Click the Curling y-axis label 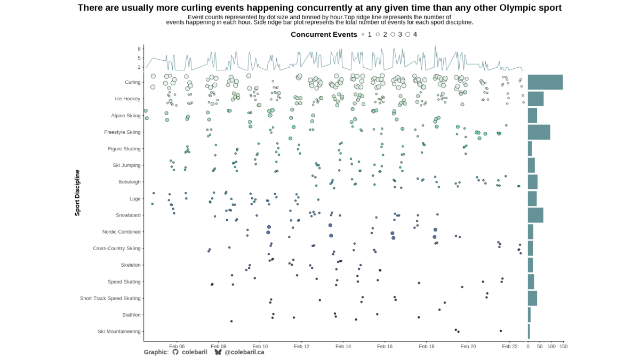point(133,82)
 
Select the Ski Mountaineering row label point(119,332)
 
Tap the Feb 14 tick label point(343,347)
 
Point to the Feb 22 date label point(510,347)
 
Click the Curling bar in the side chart point(545,82)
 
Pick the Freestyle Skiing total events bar point(539,132)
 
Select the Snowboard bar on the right point(535,215)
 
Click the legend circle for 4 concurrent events point(408,35)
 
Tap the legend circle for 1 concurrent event point(363,35)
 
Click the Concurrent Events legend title point(324,35)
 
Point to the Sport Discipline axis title point(77,192)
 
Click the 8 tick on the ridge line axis point(139,49)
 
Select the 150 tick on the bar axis point(563,347)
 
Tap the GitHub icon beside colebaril point(175,352)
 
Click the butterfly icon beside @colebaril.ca point(218,352)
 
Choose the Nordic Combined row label point(122,232)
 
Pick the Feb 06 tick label point(177,347)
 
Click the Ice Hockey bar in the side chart point(535,99)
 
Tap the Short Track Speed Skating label point(110,299)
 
